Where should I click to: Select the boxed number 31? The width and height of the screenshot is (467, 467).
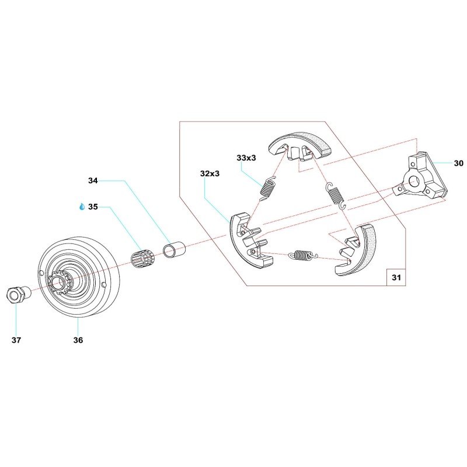pyautogui.click(x=396, y=278)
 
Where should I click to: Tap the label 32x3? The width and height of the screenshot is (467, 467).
pyautogui.click(x=210, y=173)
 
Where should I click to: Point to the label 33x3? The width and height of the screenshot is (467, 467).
pyautogui.click(x=247, y=158)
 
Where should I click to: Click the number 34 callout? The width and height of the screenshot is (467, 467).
pyautogui.click(x=93, y=182)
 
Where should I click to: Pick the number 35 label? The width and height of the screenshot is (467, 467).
pyautogui.click(x=93, y=207)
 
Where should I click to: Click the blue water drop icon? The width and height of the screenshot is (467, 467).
pyautogui.click(x=82, y=207)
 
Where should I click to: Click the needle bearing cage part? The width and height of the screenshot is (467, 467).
pyautogui.click(x=141, y=257)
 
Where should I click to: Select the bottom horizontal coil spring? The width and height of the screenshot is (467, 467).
pyautogui.click(x=301, y=255)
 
